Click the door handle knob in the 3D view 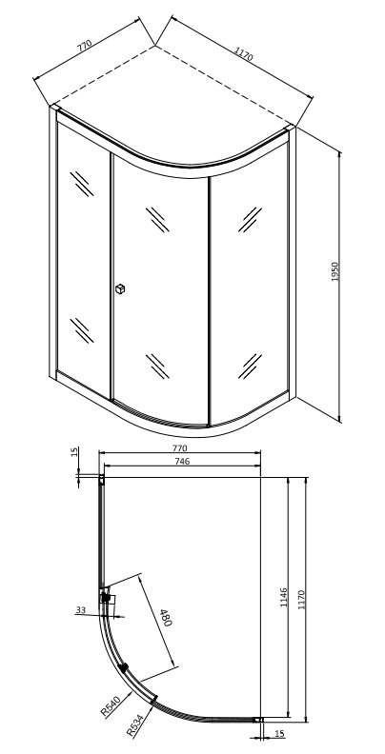coord(120,288)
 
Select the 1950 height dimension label coord(335,271)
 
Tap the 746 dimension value coord(182,461)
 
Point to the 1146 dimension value coord(283,597)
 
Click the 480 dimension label coord(166,617)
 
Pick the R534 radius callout coord(135,726)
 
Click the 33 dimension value coord(80,609)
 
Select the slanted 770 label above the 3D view coord(84,46)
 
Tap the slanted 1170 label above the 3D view coord(244,54)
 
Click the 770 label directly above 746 coord(179,448)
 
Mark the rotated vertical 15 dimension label coord(74,452)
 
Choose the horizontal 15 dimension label coord(279,734)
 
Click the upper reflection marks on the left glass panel coord(82,184)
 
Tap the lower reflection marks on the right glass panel coord(250,367)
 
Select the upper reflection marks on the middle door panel coord(158,220)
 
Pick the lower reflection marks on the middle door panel coord(158,367)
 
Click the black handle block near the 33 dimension coord(107,598)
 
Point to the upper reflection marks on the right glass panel coord(250,220)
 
